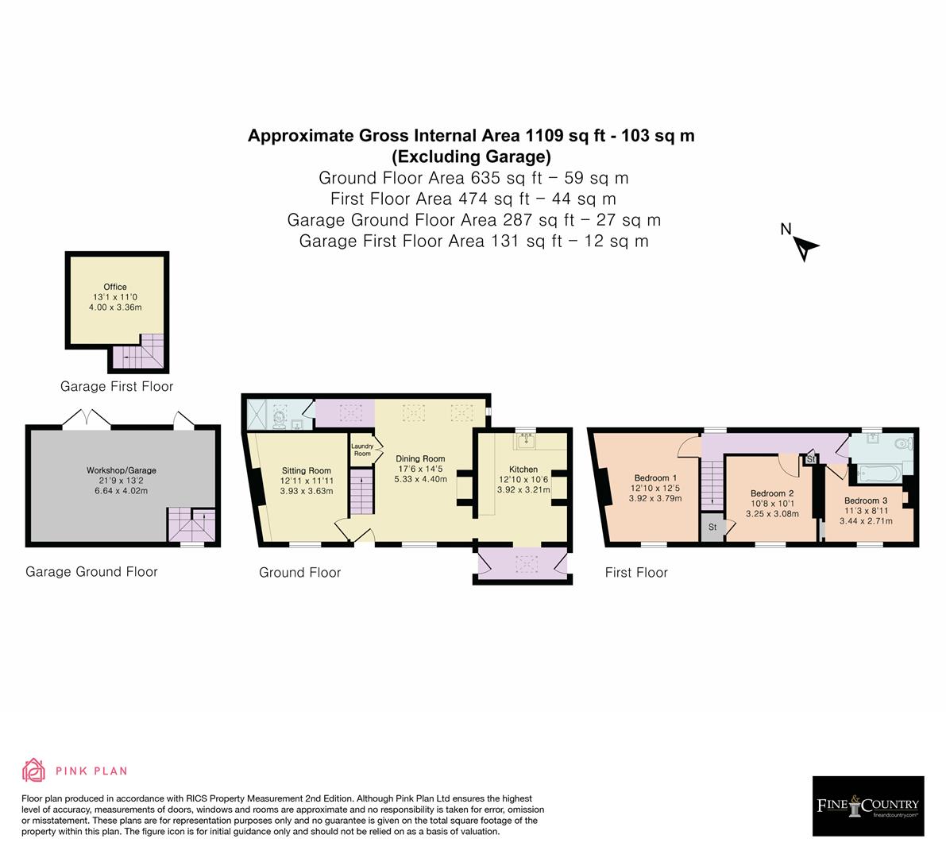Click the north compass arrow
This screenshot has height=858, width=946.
(x=806, y=248)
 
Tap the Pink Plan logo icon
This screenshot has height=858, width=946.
(x=34, y=770)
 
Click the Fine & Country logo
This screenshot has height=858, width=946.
(x=868, y=806)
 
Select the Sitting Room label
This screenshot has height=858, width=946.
(x=306, y=471)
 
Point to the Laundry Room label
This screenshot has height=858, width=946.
(x=362, y=450)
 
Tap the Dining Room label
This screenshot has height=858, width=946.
(x=420, y=458)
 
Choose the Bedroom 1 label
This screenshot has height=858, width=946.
(x=654, y=478)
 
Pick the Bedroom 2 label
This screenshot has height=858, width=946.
(x=772, y=493)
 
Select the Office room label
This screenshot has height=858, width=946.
(x=115, y=287)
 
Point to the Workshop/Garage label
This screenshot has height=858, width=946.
(x=121, y=470)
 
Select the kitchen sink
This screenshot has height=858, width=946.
(x=525, y=439)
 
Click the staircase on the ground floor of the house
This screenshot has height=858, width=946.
(x=361, y=492)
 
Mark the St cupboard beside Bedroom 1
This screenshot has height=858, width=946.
(x=712, y=528)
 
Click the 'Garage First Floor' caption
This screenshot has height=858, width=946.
(x=117, y=386)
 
